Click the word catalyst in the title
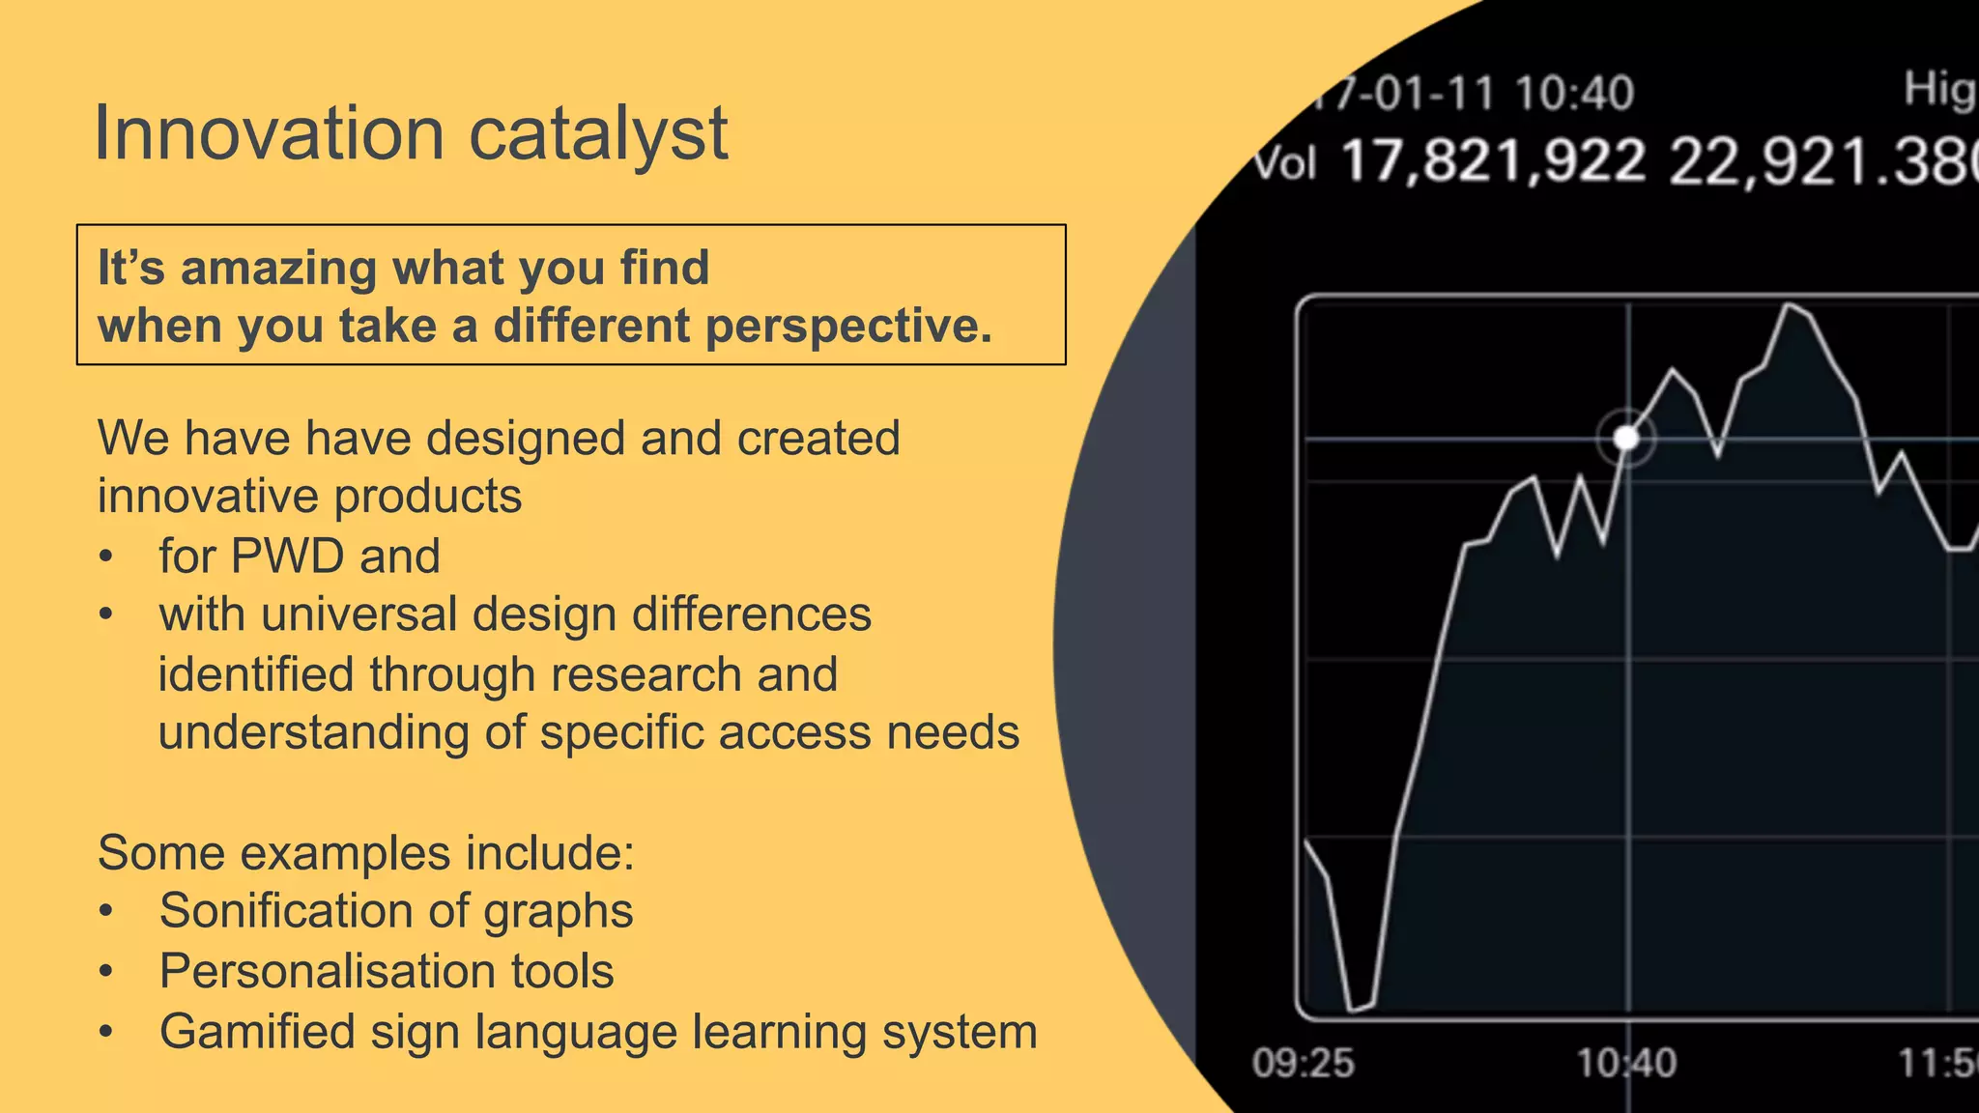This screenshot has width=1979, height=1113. click(x=598, y=135)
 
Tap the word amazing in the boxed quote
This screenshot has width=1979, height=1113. click(x=278, y=268)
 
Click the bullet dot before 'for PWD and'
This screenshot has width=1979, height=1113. click(x=106, y=557)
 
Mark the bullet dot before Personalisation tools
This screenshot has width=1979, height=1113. click(x=106, y=972)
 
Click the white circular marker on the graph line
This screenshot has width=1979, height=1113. click(x=1626, y=439)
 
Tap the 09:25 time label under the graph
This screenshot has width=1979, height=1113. click(x=1303, y=1063)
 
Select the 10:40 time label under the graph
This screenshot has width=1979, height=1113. click(x=1626, y=1063)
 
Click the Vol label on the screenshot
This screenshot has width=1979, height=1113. click(x=1284, y=164)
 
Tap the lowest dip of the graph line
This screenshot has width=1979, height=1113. click(x=1354, y=1009)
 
